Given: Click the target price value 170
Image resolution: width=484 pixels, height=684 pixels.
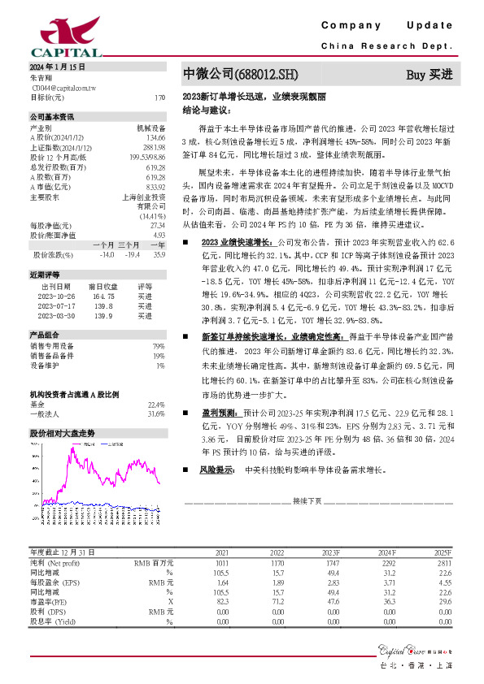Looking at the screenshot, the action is (159, 97).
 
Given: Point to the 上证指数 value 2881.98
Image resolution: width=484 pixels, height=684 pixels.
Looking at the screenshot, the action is (155, 148).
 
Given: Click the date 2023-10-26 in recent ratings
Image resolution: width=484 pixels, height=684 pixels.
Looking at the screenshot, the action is (56, 297).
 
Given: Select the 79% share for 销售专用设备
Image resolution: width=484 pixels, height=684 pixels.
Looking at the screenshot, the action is (159, 347).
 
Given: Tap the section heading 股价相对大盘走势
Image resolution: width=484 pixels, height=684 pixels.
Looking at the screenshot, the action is (62, 433).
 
